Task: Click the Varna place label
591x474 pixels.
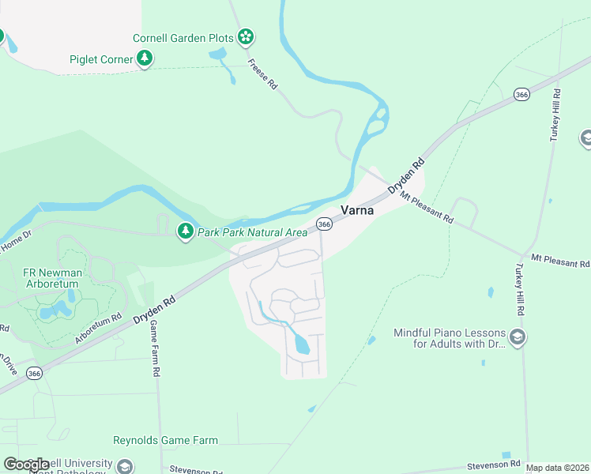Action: point(356,210)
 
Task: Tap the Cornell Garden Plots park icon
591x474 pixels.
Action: point(247,36)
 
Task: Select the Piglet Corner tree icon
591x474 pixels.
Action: point(145,58)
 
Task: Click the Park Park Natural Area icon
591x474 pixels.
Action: point(185,231)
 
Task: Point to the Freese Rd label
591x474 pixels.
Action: point(262,74)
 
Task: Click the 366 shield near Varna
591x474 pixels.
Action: point(324,224)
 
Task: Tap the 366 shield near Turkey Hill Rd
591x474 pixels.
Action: point(521,94)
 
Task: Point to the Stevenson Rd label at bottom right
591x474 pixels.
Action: point(493,465)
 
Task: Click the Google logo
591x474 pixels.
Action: point(26,464)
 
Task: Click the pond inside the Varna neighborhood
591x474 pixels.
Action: point(302,344)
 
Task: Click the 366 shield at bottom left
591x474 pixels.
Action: point(34,373)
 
